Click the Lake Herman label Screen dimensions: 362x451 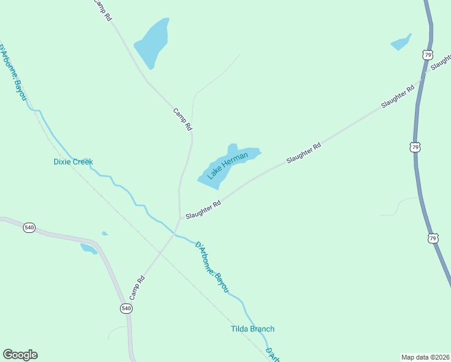[227, 166]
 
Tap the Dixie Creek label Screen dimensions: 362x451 [73, 162]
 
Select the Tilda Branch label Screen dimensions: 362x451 [253, 329]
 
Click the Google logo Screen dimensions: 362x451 [20, 355]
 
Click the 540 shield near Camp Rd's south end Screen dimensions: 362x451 [126, 308]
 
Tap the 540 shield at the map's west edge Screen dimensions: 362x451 [29, 227]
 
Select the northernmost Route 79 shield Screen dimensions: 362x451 [427, 55]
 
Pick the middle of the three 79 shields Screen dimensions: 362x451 [414, 147]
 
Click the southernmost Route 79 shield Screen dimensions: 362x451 [433, 238]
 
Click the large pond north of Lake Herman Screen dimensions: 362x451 [151, 42]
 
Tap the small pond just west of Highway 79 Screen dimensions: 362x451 [401, 43]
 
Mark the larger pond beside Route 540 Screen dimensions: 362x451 [88, 248]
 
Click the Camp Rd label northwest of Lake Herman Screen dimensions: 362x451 [182, 119]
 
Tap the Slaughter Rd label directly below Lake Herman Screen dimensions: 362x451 [203, 210]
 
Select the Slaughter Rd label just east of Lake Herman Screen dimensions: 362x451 [303, 153]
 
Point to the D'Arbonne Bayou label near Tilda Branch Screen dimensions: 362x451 [212, 267]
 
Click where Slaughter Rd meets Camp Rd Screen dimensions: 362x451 [180, 218]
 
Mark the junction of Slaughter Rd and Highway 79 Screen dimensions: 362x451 [426, 71]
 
